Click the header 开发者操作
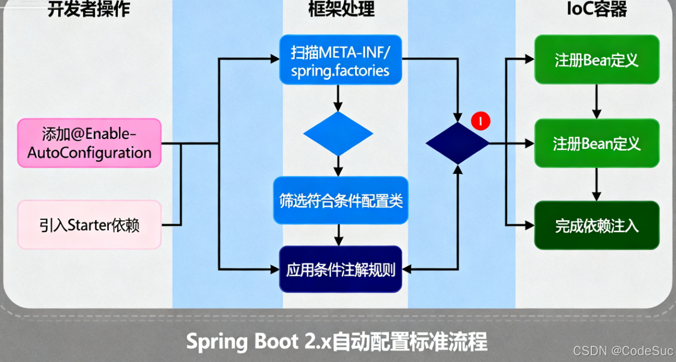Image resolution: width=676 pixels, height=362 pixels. click(88, 9)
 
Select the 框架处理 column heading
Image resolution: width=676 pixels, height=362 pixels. click(341, 9)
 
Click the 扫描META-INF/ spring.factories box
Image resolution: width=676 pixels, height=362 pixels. click(340, 61)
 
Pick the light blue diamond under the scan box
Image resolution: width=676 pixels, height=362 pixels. click(338, 134)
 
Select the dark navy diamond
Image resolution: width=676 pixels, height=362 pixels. click(457, 143)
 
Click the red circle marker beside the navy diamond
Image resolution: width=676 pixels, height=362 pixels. click(481, 121)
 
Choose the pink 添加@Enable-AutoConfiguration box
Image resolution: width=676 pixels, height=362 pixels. click(89, 143)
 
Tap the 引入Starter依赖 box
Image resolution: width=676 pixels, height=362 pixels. click(89, 225)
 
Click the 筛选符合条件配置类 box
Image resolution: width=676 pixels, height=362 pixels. click(340, 200)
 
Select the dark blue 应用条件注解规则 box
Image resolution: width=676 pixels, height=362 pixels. click(340, 270)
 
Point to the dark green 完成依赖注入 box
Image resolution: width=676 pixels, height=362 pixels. click(596, 225)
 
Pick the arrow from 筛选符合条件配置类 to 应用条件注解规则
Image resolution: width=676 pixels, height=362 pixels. click(339, 235)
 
